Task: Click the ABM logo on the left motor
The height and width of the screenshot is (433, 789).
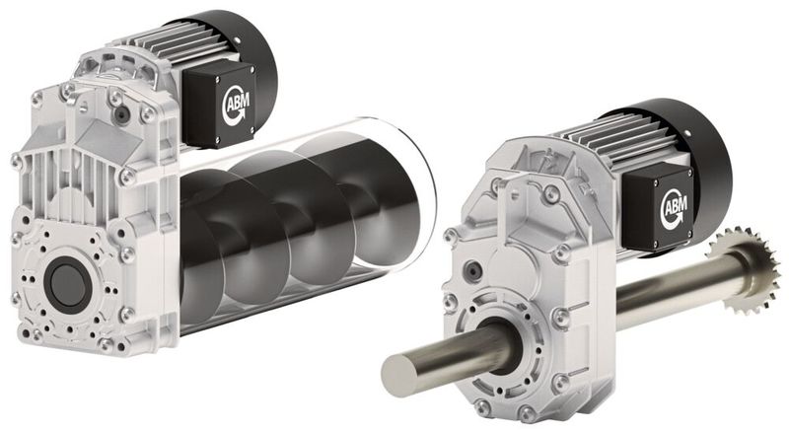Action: [235, 105]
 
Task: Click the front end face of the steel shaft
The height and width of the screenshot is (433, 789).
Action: [400, 374]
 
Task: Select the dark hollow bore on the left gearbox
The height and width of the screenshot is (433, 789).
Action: [68, 282]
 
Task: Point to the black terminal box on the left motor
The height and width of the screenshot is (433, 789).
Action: [219, 105]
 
